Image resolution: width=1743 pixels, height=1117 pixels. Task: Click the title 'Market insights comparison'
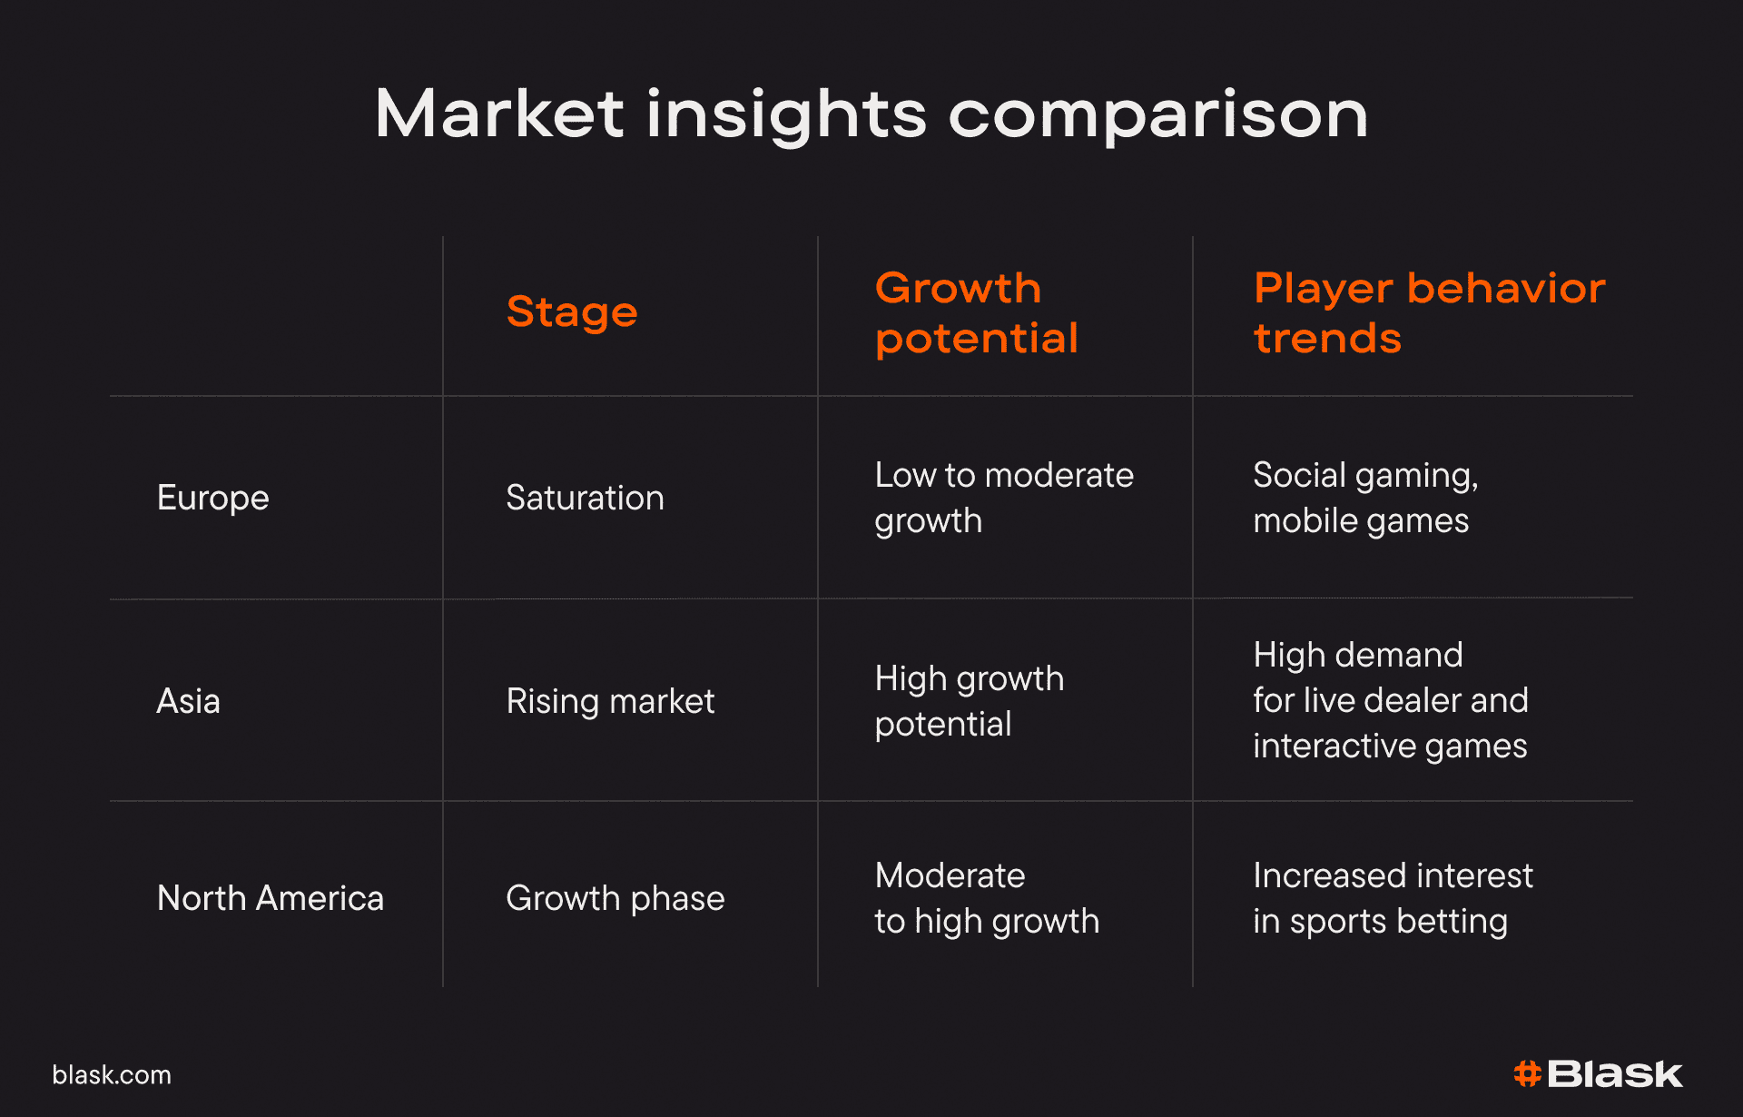(871, 114)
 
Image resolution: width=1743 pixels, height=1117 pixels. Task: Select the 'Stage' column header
(572, 313)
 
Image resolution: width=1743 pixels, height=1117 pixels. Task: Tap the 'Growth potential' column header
(977, 313)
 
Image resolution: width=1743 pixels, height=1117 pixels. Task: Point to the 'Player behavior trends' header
(1430, 313)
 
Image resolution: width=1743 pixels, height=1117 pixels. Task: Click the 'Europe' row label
(213, 498)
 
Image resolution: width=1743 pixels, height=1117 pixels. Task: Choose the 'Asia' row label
(189, 701)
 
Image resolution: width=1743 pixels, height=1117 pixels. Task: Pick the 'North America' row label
(271, 898)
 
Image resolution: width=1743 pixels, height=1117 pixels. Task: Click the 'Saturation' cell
(586, 498)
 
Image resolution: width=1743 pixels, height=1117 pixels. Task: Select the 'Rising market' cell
(611, 701)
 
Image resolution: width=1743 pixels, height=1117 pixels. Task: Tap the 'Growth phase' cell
(615, 898)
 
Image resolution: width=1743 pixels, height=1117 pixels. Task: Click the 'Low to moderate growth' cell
(1005, 498)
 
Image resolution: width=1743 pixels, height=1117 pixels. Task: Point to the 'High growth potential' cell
(970, 701)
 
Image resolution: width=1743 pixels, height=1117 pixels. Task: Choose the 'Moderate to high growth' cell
(988, 898)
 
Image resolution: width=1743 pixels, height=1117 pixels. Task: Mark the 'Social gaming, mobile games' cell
(1366, 498)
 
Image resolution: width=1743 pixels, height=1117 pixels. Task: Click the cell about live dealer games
(1391, 700)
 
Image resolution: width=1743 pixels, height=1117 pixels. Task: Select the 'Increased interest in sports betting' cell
(1393, 898)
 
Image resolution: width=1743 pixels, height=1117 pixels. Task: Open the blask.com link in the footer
(112, 1075)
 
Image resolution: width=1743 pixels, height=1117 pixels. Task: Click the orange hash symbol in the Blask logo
(1528, 1074)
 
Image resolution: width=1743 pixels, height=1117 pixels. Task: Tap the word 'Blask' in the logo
(1615, 1074)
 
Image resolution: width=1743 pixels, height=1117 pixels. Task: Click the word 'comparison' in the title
(1158, 116)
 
